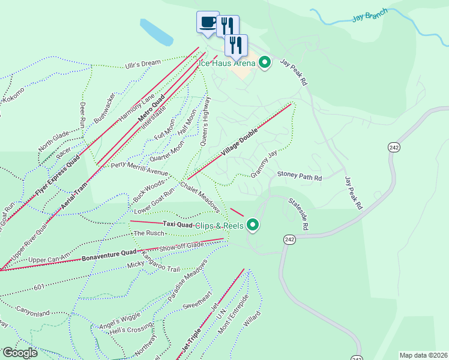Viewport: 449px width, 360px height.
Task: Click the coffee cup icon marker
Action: click(x=208, y=23)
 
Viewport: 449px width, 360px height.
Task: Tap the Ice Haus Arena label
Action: click(x=228, y=62)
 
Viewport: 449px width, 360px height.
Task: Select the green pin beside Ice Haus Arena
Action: click(x=264, y=62)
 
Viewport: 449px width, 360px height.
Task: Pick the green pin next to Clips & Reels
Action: click(x=253, y=225)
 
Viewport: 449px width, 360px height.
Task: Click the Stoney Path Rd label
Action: click(x=300, y=178)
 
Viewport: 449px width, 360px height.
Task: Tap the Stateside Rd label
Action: click(x=298, y=214)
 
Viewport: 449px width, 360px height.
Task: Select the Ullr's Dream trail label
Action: click(x=143, y=64)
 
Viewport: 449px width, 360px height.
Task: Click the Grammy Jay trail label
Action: click(x=265, y=163)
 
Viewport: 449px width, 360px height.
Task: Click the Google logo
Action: click(x=20, y=353)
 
